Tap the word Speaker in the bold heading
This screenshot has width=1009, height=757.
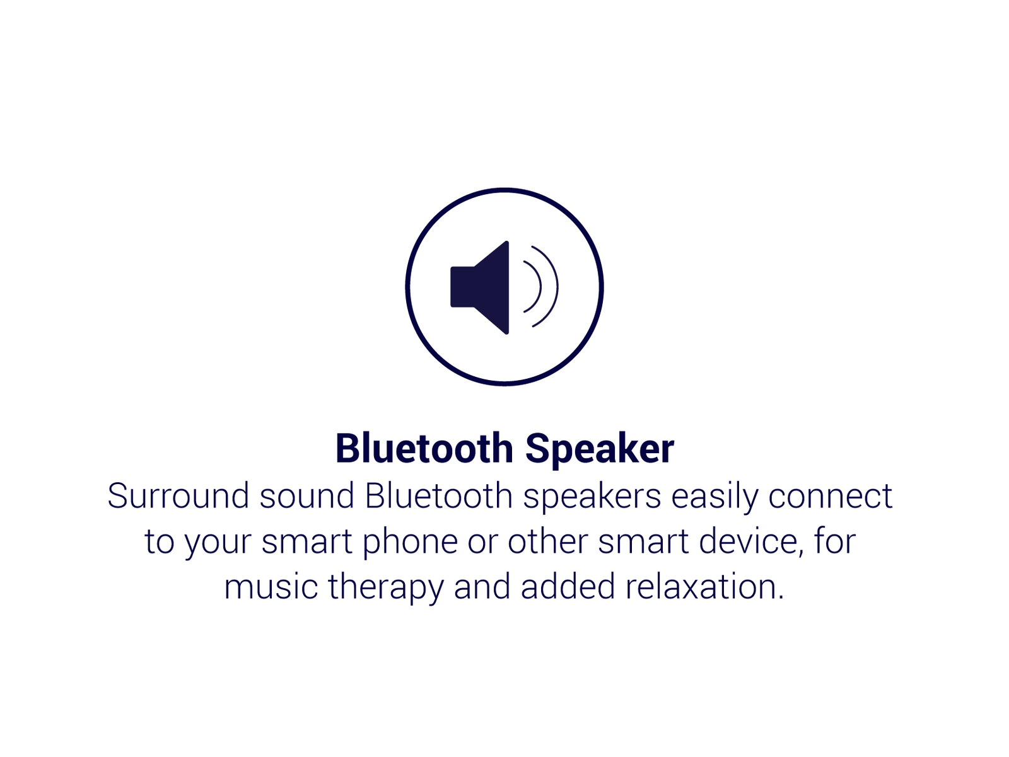[x=600, y=451]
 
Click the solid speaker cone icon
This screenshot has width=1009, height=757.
[x=479, y=287]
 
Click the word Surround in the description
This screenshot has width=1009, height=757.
[x=178, y=495]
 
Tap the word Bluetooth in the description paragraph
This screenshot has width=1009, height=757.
[x=439, y=495]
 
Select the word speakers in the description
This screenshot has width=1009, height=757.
[x=592, y=499]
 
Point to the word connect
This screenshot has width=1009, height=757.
[x=831, y=497]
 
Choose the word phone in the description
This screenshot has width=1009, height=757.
[x=410, y=544]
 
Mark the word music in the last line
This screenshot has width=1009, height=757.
[x=271, y=587]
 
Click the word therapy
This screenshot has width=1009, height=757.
[x=386, y=589]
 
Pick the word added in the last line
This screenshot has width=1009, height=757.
[x=568, y=587]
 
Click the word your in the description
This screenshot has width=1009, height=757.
[x=218, y=545]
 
